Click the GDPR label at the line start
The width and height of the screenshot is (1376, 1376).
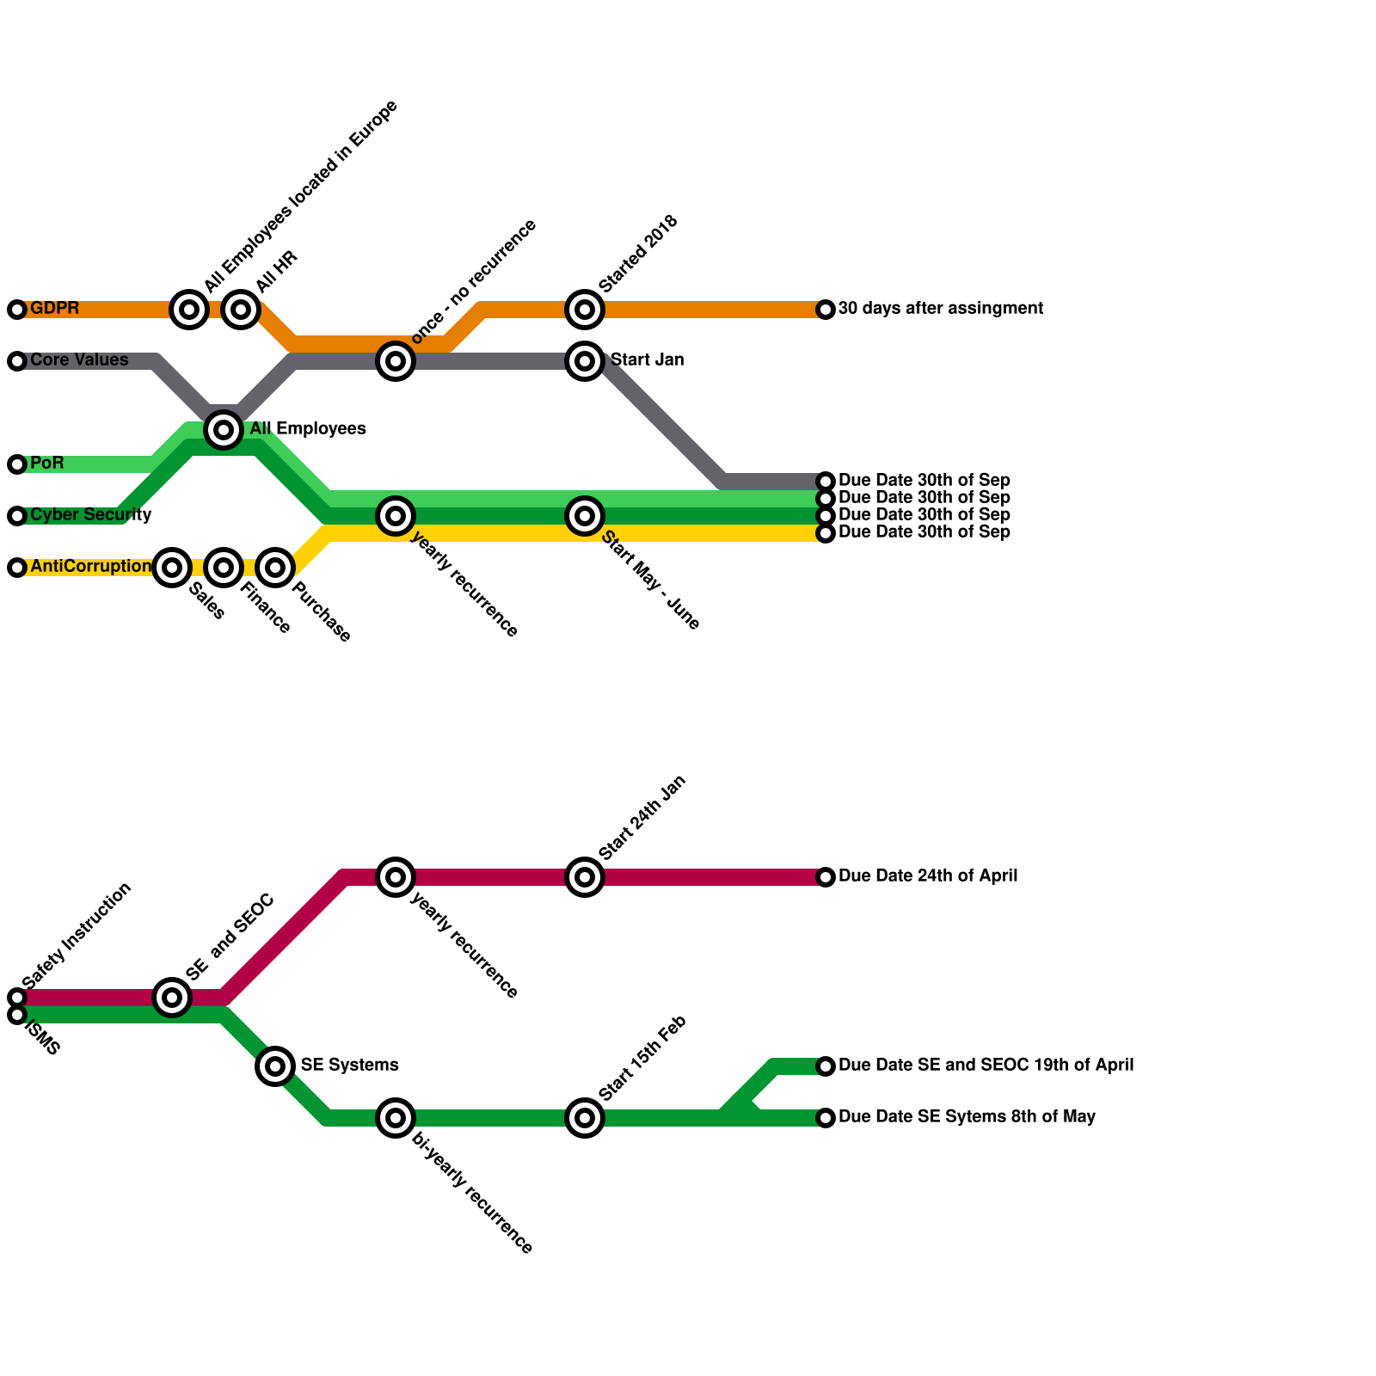[x=54, y=309]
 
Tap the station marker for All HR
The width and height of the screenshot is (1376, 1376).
[x=241, y=310]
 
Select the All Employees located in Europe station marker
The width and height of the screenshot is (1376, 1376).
[x=189, y=310]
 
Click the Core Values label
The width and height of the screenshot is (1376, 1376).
[x=79, y=360]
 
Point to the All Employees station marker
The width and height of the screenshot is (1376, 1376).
[x=224, y=429]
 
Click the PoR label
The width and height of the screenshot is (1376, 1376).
[x=47, y=464]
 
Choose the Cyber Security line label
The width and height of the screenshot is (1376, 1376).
[x=90, y=515]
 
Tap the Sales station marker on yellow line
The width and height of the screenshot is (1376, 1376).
[x=172, y=568]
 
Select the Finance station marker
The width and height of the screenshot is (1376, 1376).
[x=224, y=568]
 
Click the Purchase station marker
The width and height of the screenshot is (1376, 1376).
[x=275, y=568]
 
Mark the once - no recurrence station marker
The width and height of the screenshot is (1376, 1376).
[x=396, y=361]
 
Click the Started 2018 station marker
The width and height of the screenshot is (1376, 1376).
[x=585, y=310]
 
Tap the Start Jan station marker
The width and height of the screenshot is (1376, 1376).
[x=585, y=361]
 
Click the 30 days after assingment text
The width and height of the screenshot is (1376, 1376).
[x=940, y=309]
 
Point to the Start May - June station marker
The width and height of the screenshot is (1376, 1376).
[x=585, y=516]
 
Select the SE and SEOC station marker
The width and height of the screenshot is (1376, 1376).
[x=172, y=998]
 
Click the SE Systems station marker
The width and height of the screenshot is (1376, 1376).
[x=275, y=1066]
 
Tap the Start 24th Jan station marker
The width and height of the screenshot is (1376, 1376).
[x=585, y=877]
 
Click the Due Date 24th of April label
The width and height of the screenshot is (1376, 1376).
[x=927, y=876]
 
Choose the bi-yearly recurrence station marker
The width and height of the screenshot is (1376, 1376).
[x=396, y=1118]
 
